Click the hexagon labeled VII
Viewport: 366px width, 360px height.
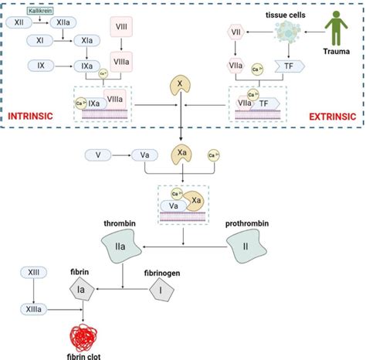[x=238, y=31]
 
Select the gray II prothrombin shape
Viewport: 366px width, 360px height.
[x=246, y=250]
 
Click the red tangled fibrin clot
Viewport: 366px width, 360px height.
[x=83, y=334]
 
